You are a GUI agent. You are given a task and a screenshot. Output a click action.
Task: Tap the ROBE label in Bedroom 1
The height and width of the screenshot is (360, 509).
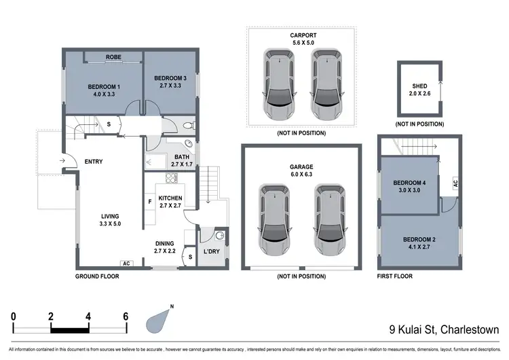point(113,58)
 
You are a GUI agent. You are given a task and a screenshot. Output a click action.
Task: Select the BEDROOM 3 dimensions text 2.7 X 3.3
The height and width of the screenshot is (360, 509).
point(169,86)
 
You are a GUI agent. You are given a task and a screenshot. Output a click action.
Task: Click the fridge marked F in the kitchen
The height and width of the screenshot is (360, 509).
point(149,202)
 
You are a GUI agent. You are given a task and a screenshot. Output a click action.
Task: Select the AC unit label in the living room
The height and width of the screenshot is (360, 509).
point(126,264)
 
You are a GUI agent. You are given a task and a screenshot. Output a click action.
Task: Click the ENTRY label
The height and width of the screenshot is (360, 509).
point(94,161)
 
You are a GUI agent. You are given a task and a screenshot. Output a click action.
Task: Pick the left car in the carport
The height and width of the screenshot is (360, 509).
point(278,84)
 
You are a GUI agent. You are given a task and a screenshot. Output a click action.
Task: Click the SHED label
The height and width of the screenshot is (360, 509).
point(419,86)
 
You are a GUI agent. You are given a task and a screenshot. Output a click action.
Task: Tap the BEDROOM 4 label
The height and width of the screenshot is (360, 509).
point(409,182)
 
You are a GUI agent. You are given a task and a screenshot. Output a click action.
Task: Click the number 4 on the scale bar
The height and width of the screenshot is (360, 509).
point(88,316)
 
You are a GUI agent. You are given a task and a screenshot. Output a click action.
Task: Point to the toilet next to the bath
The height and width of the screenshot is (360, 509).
point(188,125)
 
